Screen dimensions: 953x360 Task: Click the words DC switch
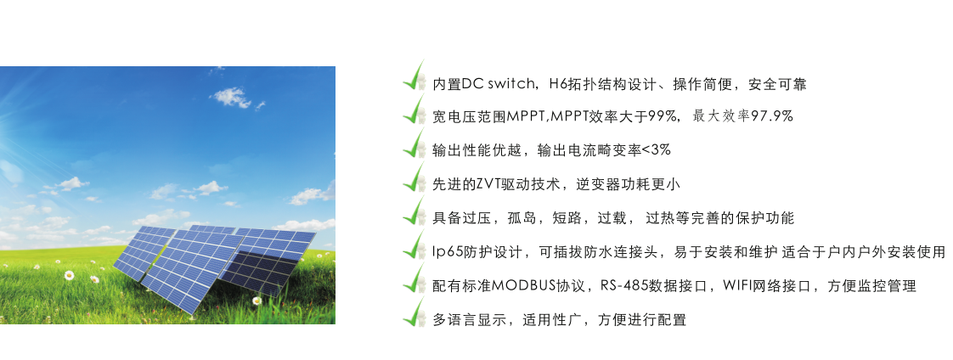pyautogui.click(x=498, y=84)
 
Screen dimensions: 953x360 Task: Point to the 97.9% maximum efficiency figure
pyautogui.click(x=772, y=116)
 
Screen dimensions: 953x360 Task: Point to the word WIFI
pyautogui.click(x=736, y=286)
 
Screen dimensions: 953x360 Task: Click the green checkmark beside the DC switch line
pyautogui.click(x=414, y=76)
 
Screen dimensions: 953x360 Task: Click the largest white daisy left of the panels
pyautogui.click(x=70, y=275)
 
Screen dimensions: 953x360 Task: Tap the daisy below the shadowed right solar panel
pyautogui.click(x=257, y=301)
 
